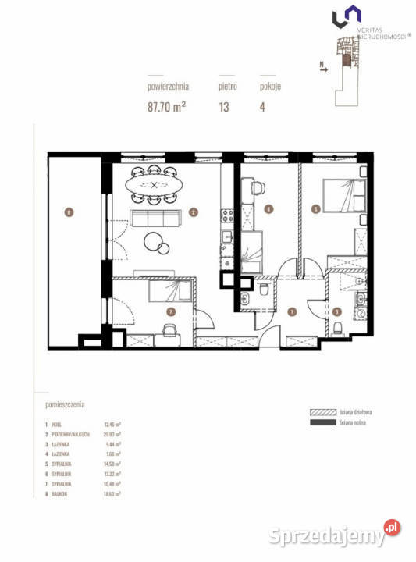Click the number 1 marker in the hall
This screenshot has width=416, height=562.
(291, 312)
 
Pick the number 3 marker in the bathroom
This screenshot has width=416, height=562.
(337, 312)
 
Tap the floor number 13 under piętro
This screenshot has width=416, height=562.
(224, 107)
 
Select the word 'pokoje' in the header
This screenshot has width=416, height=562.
(270, 87)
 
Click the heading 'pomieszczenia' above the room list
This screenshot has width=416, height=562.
(65, 405)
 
